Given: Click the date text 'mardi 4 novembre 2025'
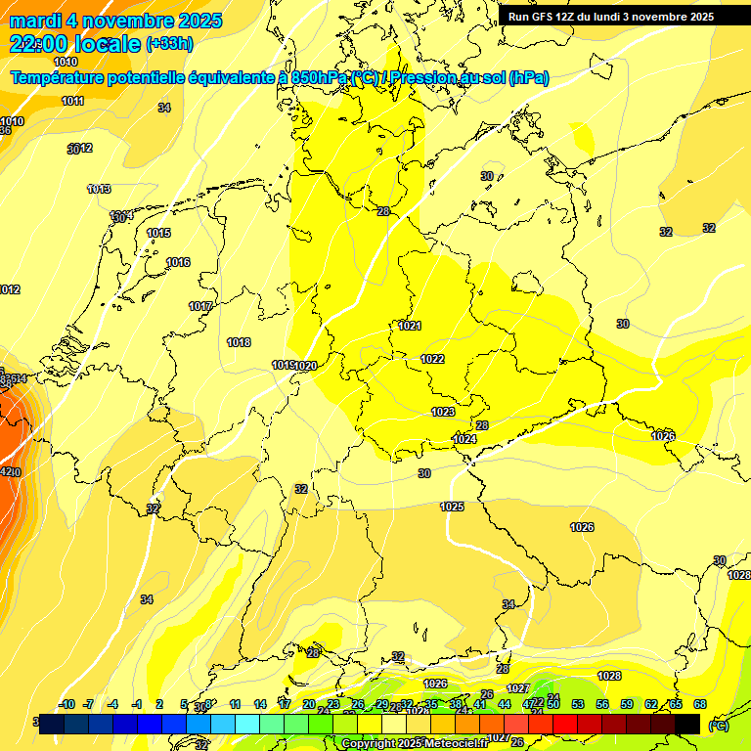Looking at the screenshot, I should click(116, 21).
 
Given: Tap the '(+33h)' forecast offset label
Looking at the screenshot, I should click(169, 43).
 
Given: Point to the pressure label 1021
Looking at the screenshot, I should click(410, 326).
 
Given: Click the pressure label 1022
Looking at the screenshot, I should click(432, 359).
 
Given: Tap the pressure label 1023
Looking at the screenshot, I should click(443, 412).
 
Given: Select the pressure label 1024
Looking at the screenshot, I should click(464, 439).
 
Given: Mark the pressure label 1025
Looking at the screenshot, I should click(452, 507).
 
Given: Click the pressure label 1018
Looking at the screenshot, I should click(239, 342).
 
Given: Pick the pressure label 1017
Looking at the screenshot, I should click(200, 306).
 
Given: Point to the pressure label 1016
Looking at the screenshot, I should click(178, 262).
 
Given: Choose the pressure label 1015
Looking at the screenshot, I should click(158, 233).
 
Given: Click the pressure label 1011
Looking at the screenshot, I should click(72, 101).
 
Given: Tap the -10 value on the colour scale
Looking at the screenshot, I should click(67, 704).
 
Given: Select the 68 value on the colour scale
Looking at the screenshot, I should click(700, 704).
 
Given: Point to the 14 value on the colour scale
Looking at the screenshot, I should click(260, 704).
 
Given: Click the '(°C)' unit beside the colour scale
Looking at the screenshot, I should click(718, 726).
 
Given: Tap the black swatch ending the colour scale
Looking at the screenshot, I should click(687, 724).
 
